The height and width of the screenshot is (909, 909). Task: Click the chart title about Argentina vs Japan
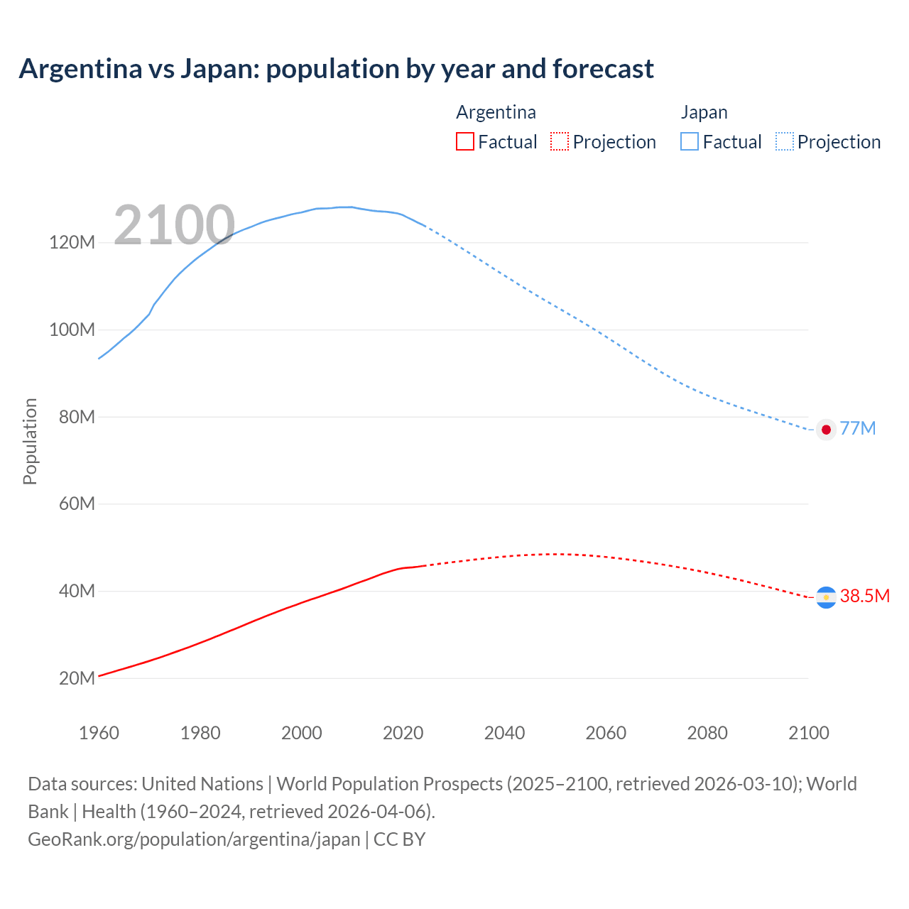336,69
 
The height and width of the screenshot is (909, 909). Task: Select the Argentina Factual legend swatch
464,141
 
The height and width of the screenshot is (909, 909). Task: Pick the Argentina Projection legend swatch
560,141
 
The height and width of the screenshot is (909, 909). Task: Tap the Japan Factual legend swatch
689,141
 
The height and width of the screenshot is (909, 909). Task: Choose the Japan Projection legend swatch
785,141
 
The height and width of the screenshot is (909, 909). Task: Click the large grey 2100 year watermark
174,225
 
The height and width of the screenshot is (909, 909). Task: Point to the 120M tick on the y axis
72,243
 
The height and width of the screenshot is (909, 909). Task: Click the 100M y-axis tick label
72,330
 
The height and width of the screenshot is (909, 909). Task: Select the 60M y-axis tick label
76,504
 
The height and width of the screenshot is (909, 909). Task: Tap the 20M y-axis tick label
76,678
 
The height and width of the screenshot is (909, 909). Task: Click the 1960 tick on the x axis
99,733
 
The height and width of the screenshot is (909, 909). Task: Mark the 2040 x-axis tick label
504,733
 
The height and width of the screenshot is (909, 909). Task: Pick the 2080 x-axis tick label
707,733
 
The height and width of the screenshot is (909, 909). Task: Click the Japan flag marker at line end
825,430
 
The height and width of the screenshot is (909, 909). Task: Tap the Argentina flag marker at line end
825,597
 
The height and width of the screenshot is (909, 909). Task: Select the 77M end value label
858,429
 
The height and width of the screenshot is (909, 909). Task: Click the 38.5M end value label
864,596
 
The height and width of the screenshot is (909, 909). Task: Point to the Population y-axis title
30,441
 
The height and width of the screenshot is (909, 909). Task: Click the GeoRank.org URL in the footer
194,839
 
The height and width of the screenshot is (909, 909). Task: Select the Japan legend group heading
704,112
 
